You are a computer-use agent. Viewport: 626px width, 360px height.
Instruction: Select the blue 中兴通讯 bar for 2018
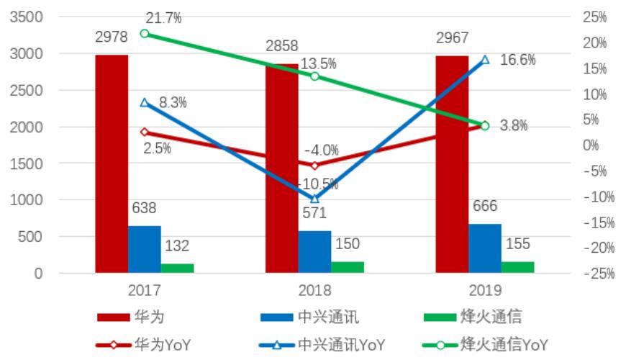pyautogui.click(x=314, y=252)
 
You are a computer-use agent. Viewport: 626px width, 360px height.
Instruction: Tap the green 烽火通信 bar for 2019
pyautogui.click(x=518, y=267)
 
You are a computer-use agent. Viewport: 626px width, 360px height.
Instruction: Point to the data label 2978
pyautogui.click(x=112, y=37)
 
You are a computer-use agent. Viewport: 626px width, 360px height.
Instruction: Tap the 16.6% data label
pyautogui.click(x=517, y=60)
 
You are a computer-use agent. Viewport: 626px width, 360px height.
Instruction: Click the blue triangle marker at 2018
pyautogui.click(x=314, y=199)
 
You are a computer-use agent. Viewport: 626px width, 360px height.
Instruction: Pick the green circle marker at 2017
pyautogui.click(x=145, y=34)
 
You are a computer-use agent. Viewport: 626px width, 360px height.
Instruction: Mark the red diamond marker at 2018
pyautogui.click(x=314, y=166)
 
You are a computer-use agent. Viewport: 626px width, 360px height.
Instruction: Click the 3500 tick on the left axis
pyautogui.click(x=27, y=17)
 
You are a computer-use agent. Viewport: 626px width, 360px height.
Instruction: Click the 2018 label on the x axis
pyautogui.click(x=314, y=291)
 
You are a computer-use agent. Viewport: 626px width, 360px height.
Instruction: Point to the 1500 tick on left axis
pyautogui.click(x=27, y=163)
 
